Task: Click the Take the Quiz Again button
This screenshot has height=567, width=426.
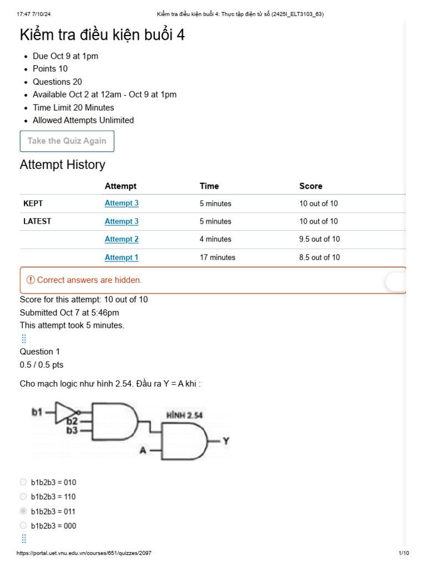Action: (67, 141)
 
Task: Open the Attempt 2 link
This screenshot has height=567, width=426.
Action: (121, 239)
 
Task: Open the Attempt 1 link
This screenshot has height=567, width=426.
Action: (121, 257)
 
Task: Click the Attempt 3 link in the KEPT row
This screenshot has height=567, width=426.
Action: (121, 203)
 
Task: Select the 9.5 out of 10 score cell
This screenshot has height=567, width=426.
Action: (319, 239)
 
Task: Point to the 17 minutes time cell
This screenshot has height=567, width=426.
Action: (217, 257)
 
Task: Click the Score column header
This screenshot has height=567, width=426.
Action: (311, 186)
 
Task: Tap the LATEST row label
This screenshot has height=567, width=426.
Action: (37, 221)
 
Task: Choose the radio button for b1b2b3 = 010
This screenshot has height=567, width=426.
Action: (23, 482)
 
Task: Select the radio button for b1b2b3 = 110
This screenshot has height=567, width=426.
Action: (23, 497)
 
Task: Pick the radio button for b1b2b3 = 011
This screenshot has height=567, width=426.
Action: (23, 511)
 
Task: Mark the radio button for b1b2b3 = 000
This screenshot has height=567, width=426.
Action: (23, 525)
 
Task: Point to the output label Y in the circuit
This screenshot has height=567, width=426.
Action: (226, 441)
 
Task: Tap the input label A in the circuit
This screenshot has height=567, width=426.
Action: (143, 451)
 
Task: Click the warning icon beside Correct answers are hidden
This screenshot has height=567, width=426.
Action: (31, 280)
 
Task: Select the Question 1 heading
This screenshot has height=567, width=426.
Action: (40, 352)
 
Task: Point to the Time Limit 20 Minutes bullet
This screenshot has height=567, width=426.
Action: (73, 107)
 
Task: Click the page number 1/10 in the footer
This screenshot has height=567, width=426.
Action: (403, 553)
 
